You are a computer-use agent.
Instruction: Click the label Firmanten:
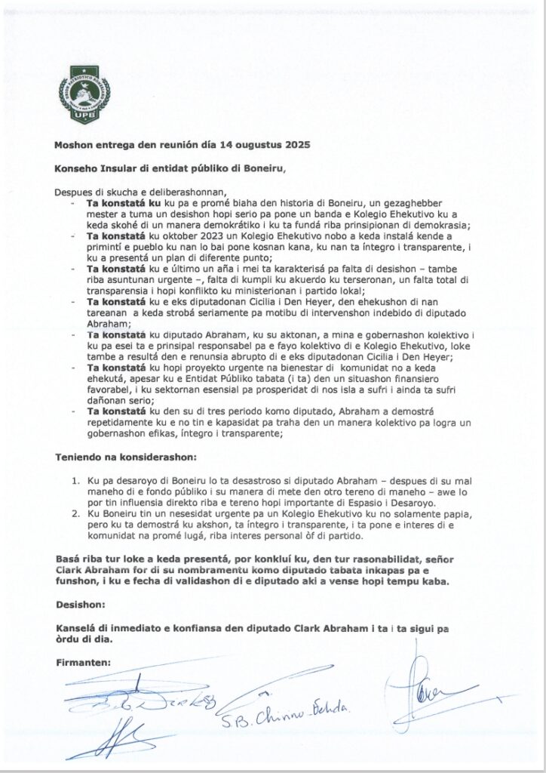click(84, 662)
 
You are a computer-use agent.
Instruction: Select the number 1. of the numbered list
click(75, 479)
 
